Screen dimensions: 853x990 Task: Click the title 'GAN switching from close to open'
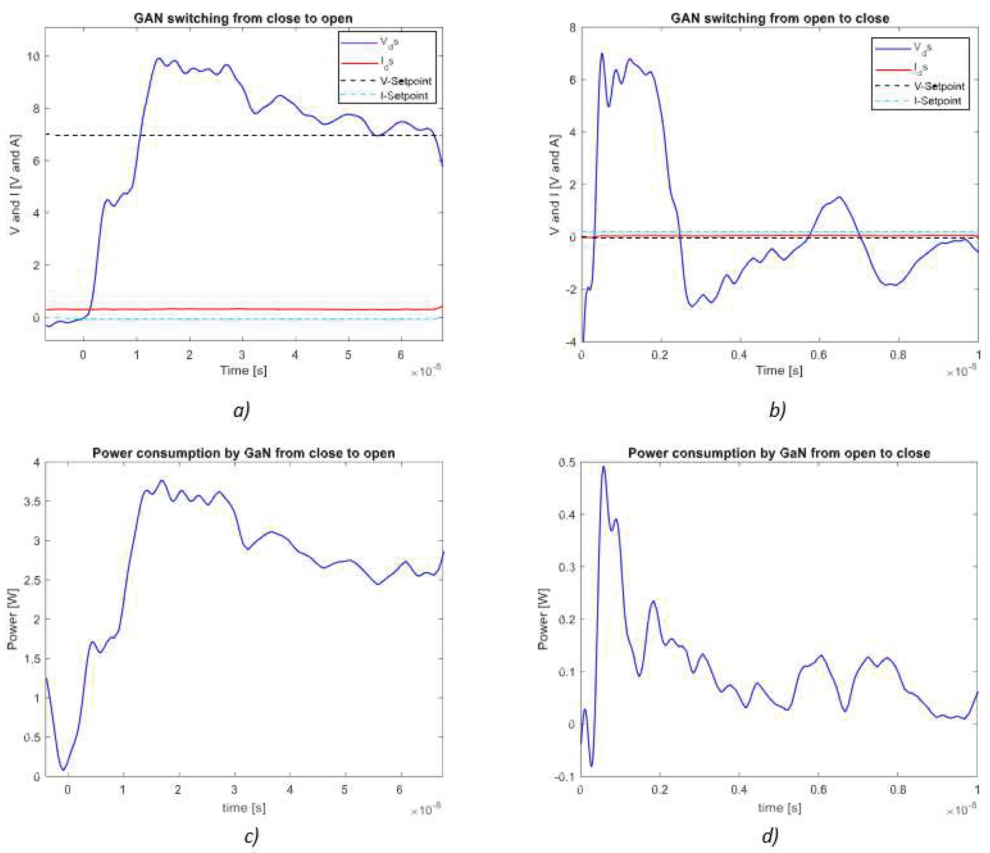click(x=243, y=18)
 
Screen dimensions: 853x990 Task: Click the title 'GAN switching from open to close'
click(x=780, y=18)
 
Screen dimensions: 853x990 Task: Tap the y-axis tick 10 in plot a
click(x=33, y=56)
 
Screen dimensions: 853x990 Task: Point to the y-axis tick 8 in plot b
click(x=572, y=28)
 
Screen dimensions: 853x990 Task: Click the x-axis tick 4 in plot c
click(x=290, y=790)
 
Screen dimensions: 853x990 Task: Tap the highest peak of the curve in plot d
click(x=603, y=467)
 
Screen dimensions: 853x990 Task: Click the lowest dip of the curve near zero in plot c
click(x=63, y=770)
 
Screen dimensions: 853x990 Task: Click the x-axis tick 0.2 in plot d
click(x=659, y=790)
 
